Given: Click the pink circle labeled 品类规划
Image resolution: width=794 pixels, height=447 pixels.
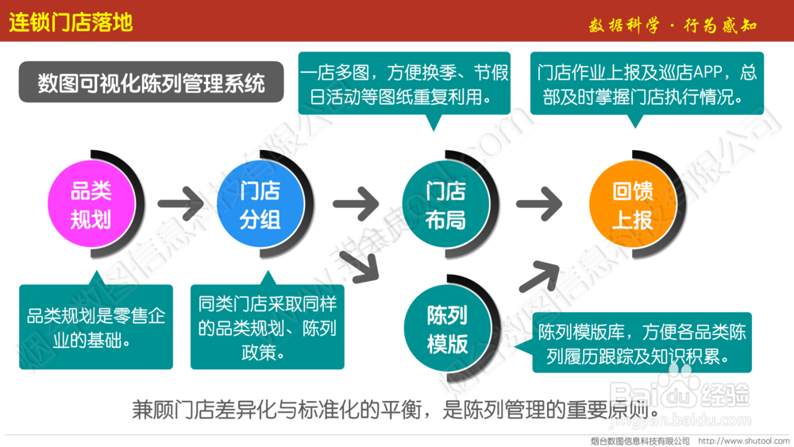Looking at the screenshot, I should point(91,205).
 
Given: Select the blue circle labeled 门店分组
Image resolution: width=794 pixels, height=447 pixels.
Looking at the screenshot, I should point(260,205).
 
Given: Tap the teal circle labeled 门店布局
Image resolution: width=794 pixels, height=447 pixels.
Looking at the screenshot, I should point(445,205).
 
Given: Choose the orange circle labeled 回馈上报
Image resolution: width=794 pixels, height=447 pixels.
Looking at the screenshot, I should point(632,205).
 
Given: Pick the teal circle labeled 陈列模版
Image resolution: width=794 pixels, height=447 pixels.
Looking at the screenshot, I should point(447,329).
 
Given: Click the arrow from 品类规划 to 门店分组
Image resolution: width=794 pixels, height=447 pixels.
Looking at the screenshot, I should point(181,205).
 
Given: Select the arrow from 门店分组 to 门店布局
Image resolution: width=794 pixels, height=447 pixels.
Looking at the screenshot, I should point(354,205).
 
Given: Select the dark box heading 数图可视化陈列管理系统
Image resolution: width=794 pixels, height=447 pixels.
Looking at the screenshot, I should point(151,83).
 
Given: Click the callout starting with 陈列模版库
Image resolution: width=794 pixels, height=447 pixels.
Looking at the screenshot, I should point(642,344).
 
